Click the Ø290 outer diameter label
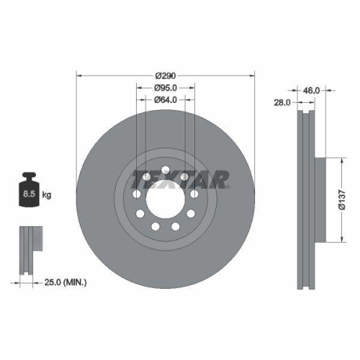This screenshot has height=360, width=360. click(x=166, y=74)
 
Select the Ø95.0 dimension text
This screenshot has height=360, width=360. click(x=166, y=88)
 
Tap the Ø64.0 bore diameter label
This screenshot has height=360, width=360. click(x=166, y=101)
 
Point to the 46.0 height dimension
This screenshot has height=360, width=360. click(x=310, y=91)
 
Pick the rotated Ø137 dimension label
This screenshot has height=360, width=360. click(x=345, y=200)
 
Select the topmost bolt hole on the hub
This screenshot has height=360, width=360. click(x=166, y=170)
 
